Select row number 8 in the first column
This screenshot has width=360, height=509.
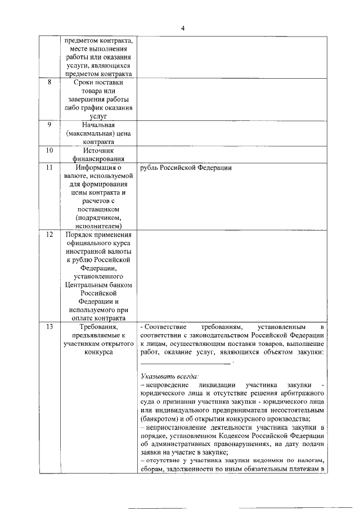click(x=49, y=83)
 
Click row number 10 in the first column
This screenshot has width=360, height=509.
click(x=49, y=151)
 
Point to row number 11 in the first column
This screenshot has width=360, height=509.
click(x=49, y=168)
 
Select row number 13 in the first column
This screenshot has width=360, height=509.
click(x=49, y=327)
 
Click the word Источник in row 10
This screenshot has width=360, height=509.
click(x=98, y=151)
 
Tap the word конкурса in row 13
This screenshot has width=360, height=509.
click(x=98, y=352)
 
